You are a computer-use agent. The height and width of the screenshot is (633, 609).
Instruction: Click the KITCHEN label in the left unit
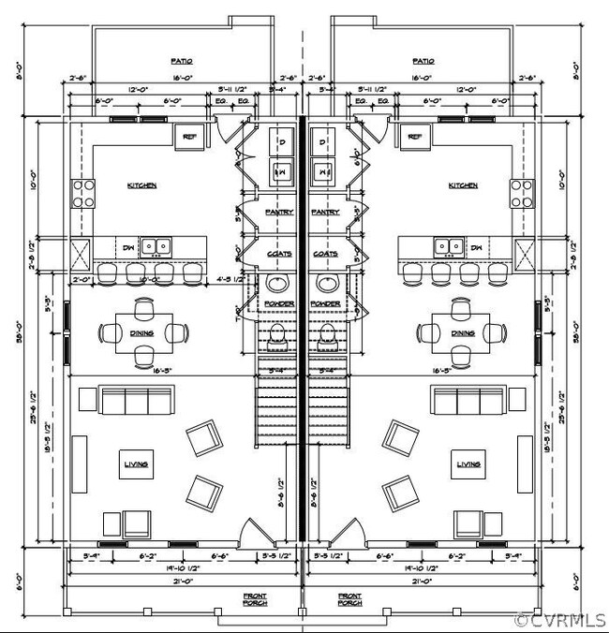pyautogui.click(x=141, y=185)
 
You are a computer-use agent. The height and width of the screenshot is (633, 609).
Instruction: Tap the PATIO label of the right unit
pyautogui.click(x=423, y=62)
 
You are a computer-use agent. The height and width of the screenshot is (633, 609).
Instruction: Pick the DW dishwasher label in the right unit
pyautogui.click(x=477, y=248)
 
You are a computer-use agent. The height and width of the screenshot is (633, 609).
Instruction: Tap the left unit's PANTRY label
pyautogui.click(x=279, y=213)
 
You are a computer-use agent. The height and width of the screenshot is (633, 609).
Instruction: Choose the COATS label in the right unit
pyautogui.click(x=325, y=254)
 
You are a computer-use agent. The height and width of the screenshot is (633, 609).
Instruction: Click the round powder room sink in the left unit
pyautogui.click(x=278, y=284)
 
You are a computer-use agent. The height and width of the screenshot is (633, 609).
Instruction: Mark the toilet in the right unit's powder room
pyautogui.click(x=326, y=333)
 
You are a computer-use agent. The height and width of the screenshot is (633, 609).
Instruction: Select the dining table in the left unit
pyautogui.click(x=144, y=331)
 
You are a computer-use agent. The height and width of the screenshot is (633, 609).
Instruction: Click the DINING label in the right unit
pyautogui.click(x=462, y=332)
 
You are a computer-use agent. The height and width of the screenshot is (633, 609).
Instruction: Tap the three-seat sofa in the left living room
pyautogui.click(x=136, y=401)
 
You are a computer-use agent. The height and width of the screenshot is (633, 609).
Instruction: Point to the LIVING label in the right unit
pyautogui.click(x=468, y=464)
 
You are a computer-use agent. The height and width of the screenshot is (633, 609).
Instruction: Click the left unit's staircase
pyautogui.click(x=275, y=403)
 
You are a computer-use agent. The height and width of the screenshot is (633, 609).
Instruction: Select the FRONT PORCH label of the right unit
pyautogui.click(x=350, y=599)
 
